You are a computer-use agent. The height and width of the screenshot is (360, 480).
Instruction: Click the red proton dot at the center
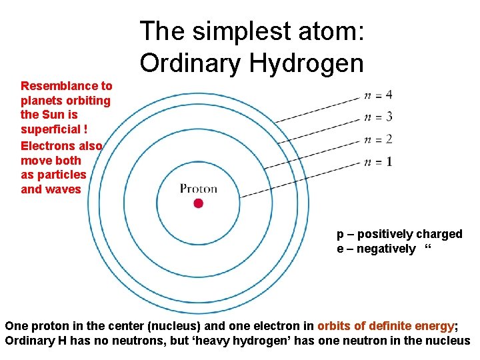(198, 203)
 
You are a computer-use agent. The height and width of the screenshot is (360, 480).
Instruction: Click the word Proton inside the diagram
(199, 189)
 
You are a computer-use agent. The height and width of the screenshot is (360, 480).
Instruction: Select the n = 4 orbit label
(378, 95)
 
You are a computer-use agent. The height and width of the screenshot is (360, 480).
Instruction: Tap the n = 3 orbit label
(378, 117)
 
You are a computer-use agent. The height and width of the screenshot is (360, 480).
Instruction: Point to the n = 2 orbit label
(378, 139)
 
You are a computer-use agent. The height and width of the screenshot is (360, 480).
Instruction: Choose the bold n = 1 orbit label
(378, 161)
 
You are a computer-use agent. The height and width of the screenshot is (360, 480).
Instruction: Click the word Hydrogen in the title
(307, 63)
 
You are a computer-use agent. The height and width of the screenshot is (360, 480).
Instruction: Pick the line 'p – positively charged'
(399, 234)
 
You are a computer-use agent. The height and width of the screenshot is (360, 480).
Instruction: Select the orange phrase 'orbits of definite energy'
(385, 326)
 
